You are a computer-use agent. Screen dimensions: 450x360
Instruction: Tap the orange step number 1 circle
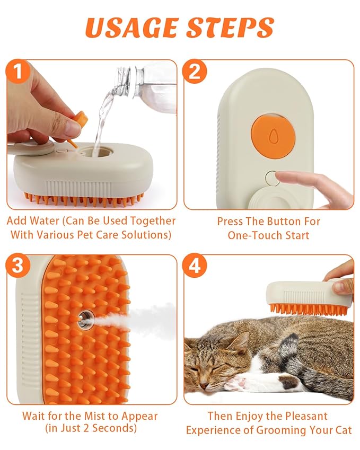pyautogui.click(x=19, y=71)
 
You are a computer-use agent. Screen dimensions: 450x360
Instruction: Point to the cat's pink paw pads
pyautogui.click(x=238, y=381)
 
